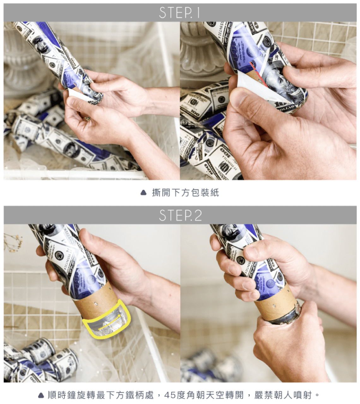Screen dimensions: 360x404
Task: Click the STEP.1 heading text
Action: click(x=179, y=13)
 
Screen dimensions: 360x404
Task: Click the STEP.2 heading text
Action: click(x=180, y=215)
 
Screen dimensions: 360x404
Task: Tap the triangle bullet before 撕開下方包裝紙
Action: click(x=143, y=193)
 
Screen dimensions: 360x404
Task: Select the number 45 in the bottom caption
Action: click(x=170, y=395)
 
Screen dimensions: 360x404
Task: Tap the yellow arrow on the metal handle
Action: click(x=110, y=321)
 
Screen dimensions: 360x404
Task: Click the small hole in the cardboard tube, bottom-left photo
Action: click(x=96, y=304)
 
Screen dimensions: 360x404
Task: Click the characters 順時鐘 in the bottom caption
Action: click(x=62, y=395)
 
